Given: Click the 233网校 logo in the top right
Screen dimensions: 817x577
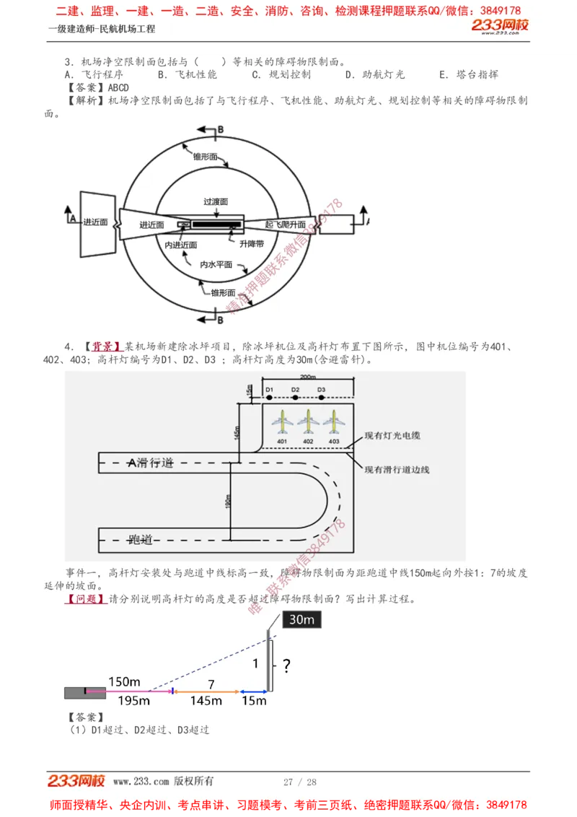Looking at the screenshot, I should [x=500, y=27].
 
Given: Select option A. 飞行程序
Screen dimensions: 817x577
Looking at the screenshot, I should [x=94, y=74].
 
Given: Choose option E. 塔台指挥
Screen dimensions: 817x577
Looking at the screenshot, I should [x=469, y=74].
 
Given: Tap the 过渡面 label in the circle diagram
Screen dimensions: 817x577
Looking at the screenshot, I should [x=216, y=202].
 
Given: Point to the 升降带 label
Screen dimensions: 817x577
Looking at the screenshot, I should [x=252, y=244].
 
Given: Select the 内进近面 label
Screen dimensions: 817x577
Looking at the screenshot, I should [x=180, y=245].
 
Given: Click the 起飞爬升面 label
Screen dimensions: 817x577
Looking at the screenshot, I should [x=286, y=224].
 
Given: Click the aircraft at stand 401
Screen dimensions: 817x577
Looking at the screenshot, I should [x=282, y=421].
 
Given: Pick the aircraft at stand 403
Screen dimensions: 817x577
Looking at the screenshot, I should [x=334, y=421].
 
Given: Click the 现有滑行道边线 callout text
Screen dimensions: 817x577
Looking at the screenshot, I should [x=397, y=470].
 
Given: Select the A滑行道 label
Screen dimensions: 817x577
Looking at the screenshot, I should [x=151, y=463].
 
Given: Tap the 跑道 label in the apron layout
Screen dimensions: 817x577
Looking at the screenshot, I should [x=141, y=539].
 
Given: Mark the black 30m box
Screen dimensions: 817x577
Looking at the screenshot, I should [x=301, y=619].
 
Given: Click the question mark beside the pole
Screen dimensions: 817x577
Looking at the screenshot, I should [x=286, y=665].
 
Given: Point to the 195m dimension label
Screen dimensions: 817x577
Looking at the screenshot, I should [x=134, y=700].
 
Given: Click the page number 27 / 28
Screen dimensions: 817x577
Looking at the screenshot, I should [x=300, y=782].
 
